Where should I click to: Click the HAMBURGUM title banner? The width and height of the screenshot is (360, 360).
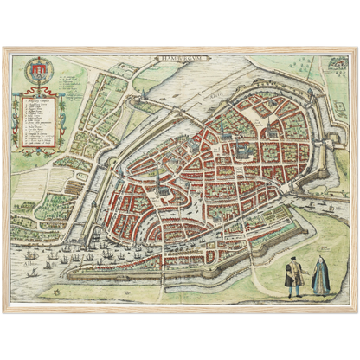pos(178,62)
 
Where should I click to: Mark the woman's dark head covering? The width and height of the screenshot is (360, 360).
pos(319,258)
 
